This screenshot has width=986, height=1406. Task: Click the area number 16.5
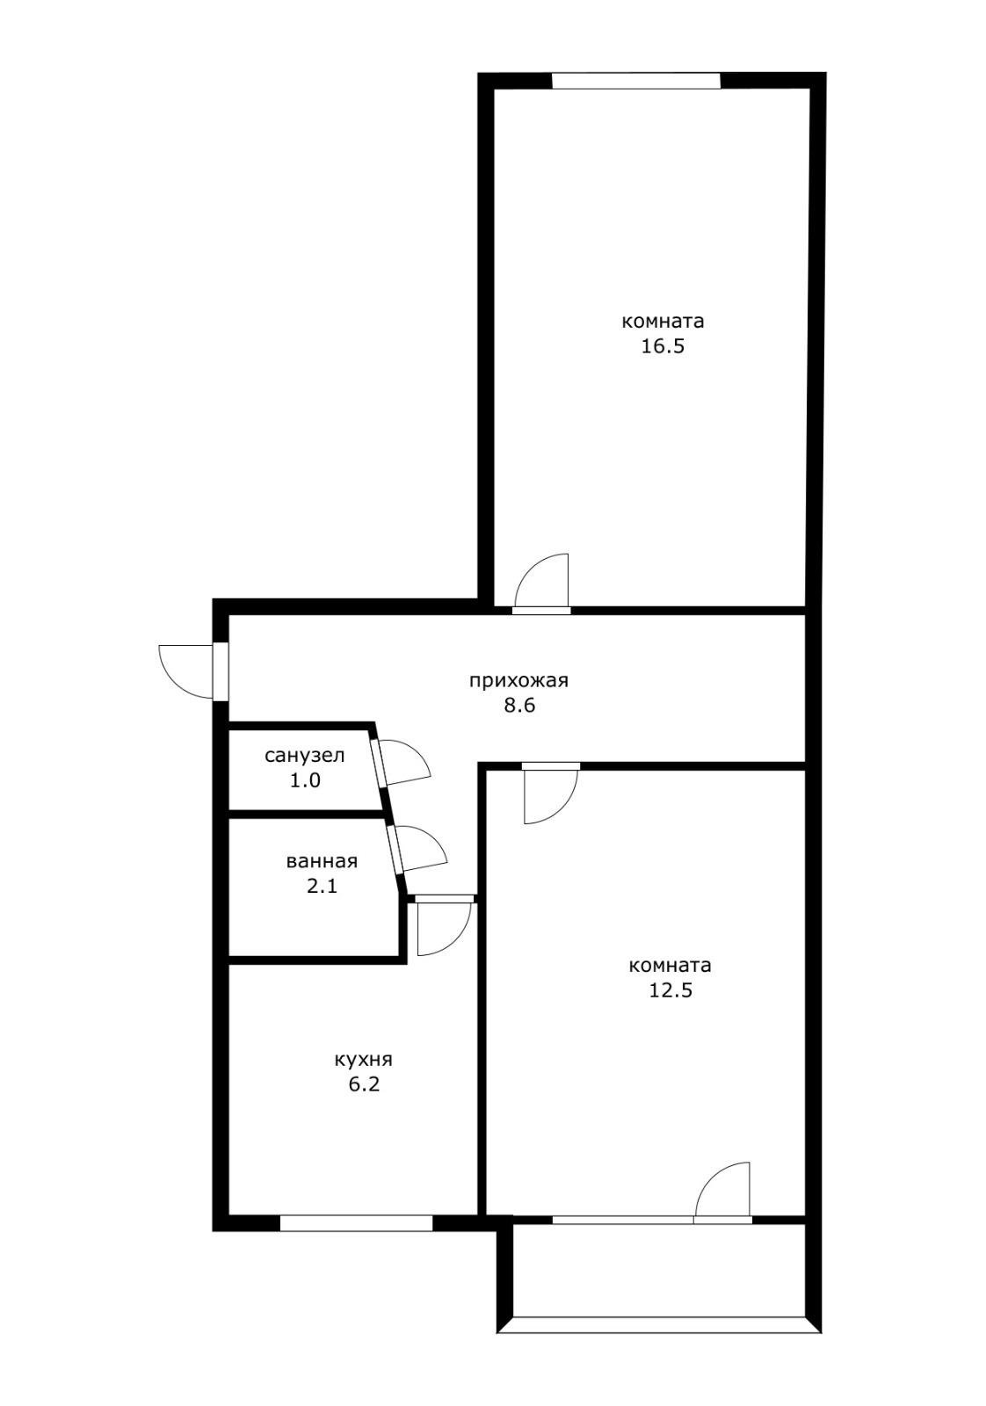(x=662, y=346)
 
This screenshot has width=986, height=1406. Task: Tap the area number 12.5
(x=670, y=989)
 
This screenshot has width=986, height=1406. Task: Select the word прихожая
(x=518, y=681)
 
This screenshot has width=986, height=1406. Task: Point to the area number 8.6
(x=519, y=706)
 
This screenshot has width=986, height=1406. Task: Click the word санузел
(x=304, y=755)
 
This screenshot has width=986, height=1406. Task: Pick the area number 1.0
(x=305, y=780)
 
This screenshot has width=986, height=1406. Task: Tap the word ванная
(x=322, y=861)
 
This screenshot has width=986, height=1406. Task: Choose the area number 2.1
(x=322, y=886)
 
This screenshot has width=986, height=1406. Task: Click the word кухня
(x=364, y=1060)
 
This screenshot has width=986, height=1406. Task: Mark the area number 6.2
(x=364, y=1084)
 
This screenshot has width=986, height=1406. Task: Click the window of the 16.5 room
(x=635, y=81)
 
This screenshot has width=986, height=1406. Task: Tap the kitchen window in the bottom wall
(x=356, y=1222)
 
